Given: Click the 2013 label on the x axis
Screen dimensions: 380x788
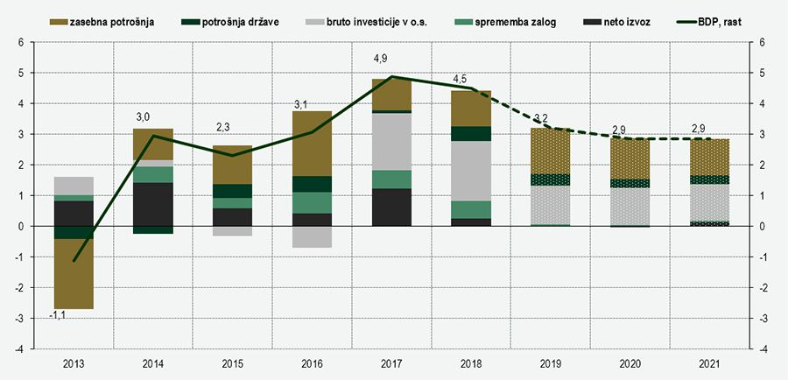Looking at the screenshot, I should (x=74, y=362).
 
